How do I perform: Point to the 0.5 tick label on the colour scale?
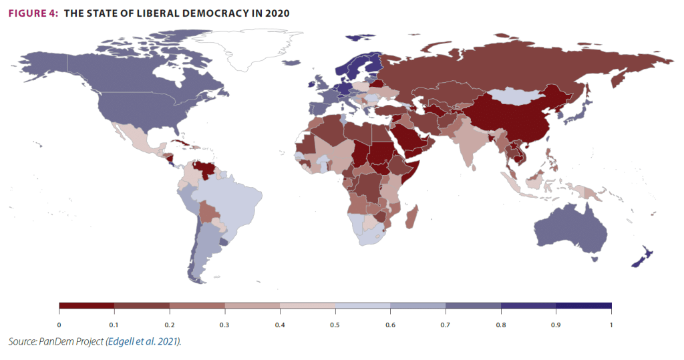click(x=335, y=325)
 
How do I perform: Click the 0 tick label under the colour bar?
click(x=59, y=325)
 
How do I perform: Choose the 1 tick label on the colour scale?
click(x=611, y=325)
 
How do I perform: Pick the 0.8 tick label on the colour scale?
click(x=500, y=325)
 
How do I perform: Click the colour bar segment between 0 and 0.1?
click(x=87, y=306)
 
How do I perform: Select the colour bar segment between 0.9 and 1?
click(x=583, y=306)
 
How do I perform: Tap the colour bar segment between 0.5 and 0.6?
click(x=362, y=306)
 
